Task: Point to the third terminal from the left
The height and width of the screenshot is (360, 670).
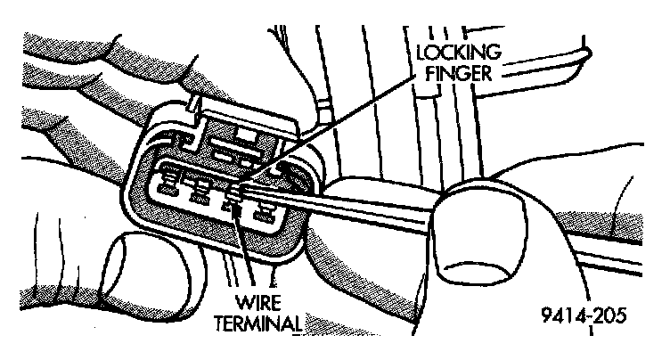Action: click(233, 207)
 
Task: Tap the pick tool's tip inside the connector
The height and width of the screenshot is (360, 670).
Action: click(239, 189)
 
